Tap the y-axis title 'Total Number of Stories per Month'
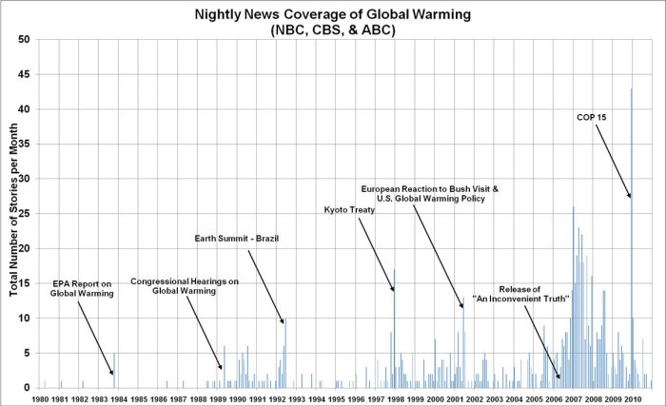coord(14,214)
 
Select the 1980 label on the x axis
coord(40,398)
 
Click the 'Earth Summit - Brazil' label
coord(233,237)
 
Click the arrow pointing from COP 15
coord(616,162)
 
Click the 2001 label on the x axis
coord(457,398)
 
